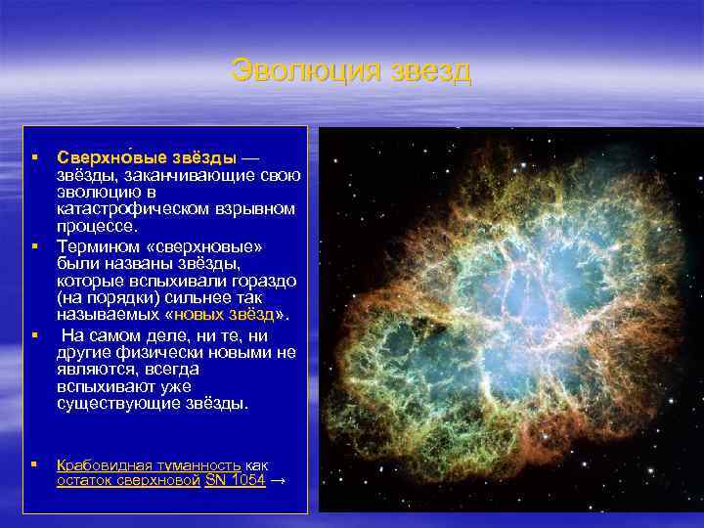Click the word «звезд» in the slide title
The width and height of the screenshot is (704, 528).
click(430, 71)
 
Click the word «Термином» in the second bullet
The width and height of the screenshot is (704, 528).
click(100, 244)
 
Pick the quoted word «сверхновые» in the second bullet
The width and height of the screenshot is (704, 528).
click(207, 244)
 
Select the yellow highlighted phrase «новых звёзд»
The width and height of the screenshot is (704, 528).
click(224, 313)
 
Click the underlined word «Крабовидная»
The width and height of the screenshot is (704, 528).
click(103, 465)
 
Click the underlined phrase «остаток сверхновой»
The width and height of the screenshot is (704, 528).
click(128, 482)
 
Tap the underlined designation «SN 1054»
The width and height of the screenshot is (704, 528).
click(236, 482)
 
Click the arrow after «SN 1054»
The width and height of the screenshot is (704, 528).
click(279, 482)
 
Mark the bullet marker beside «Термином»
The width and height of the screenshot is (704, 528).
click(33, 244)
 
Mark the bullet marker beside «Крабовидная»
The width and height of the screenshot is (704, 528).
click(33, 465)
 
